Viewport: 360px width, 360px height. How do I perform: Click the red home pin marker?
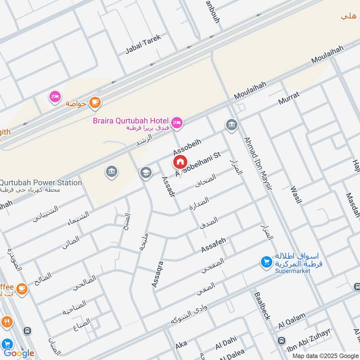[x=180, y=162]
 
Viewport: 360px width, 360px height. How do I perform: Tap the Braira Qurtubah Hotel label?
[x=130, y=121]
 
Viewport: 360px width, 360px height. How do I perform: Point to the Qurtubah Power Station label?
[x=41, y=183]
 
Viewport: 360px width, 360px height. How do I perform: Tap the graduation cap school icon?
[x=145, y=173]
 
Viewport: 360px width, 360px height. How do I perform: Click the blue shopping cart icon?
[x=266, y=261]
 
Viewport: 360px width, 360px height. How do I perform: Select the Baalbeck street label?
[x=262, y=306]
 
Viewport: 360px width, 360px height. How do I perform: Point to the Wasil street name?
[x=296, y=194]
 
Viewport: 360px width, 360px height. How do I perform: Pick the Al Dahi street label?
[x=225, y=342]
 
